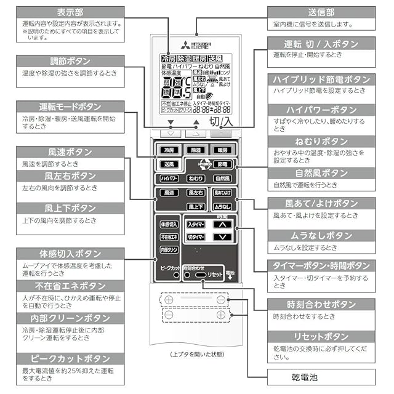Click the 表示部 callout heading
[70, 12]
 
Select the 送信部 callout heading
[321, 12]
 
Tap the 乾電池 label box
[321, 376]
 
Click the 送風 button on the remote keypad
[168, 164]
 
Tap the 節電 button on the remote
[223, 164]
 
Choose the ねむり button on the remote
[196, 179]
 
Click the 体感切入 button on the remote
[169, 225]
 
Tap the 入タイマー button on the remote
[196, 225]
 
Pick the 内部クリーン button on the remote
[169, 250]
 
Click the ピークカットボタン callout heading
[70, 358]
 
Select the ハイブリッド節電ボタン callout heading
[321, 80]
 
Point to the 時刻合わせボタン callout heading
[321, 305]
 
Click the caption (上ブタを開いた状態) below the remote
[196, 355]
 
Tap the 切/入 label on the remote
[220, 121]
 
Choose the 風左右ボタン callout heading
[70, 176]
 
